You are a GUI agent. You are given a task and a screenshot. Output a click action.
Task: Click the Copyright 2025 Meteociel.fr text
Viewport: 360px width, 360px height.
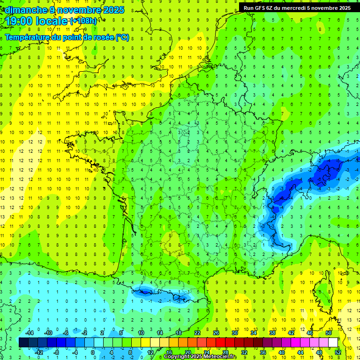point(200,356)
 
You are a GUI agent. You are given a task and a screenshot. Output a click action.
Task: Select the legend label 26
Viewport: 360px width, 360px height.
point(216,332)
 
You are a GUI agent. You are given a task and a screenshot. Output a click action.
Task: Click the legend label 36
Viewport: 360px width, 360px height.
point(262,352)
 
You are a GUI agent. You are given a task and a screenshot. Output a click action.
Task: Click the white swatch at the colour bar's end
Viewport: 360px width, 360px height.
point(333,343)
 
